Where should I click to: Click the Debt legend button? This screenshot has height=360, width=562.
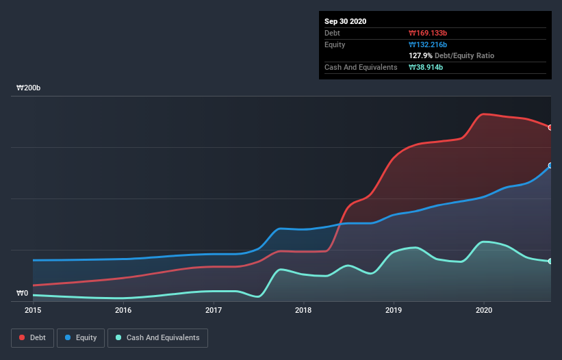click(31, 337)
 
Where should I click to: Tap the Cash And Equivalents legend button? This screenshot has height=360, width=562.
click(157, 337)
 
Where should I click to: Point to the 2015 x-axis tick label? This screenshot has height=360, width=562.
click(33, 311)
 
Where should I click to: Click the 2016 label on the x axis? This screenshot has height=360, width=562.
click(123, 311)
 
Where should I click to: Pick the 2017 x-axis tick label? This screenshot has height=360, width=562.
click(214, 311)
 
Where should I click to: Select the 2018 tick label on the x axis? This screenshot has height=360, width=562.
click(303, 311)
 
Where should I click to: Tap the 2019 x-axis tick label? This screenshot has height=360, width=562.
click(394, 311)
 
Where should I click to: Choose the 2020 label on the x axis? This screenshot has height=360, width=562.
click(484, 311)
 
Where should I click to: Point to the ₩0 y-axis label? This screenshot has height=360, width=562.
click(22, 294)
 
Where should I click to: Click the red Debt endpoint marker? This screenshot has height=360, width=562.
click(550, 127)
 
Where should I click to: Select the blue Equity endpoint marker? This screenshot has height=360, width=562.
click(550, 166)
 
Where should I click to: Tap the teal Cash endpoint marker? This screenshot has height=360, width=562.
click(550, 261)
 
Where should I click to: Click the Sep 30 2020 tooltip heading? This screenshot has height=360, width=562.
click(346, 21)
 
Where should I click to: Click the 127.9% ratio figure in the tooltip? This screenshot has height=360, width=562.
click(420, 55)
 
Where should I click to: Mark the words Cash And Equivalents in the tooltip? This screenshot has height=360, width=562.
click(361, 67)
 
